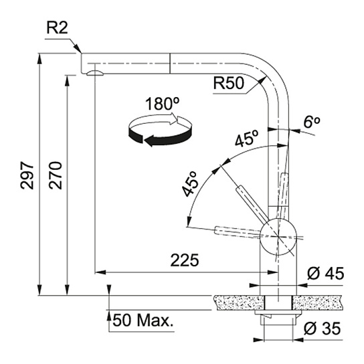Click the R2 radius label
57,28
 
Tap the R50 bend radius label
229,83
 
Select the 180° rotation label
163,104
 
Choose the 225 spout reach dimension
185,260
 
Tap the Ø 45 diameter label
325,274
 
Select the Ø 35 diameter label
323,329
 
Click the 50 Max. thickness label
143,321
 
